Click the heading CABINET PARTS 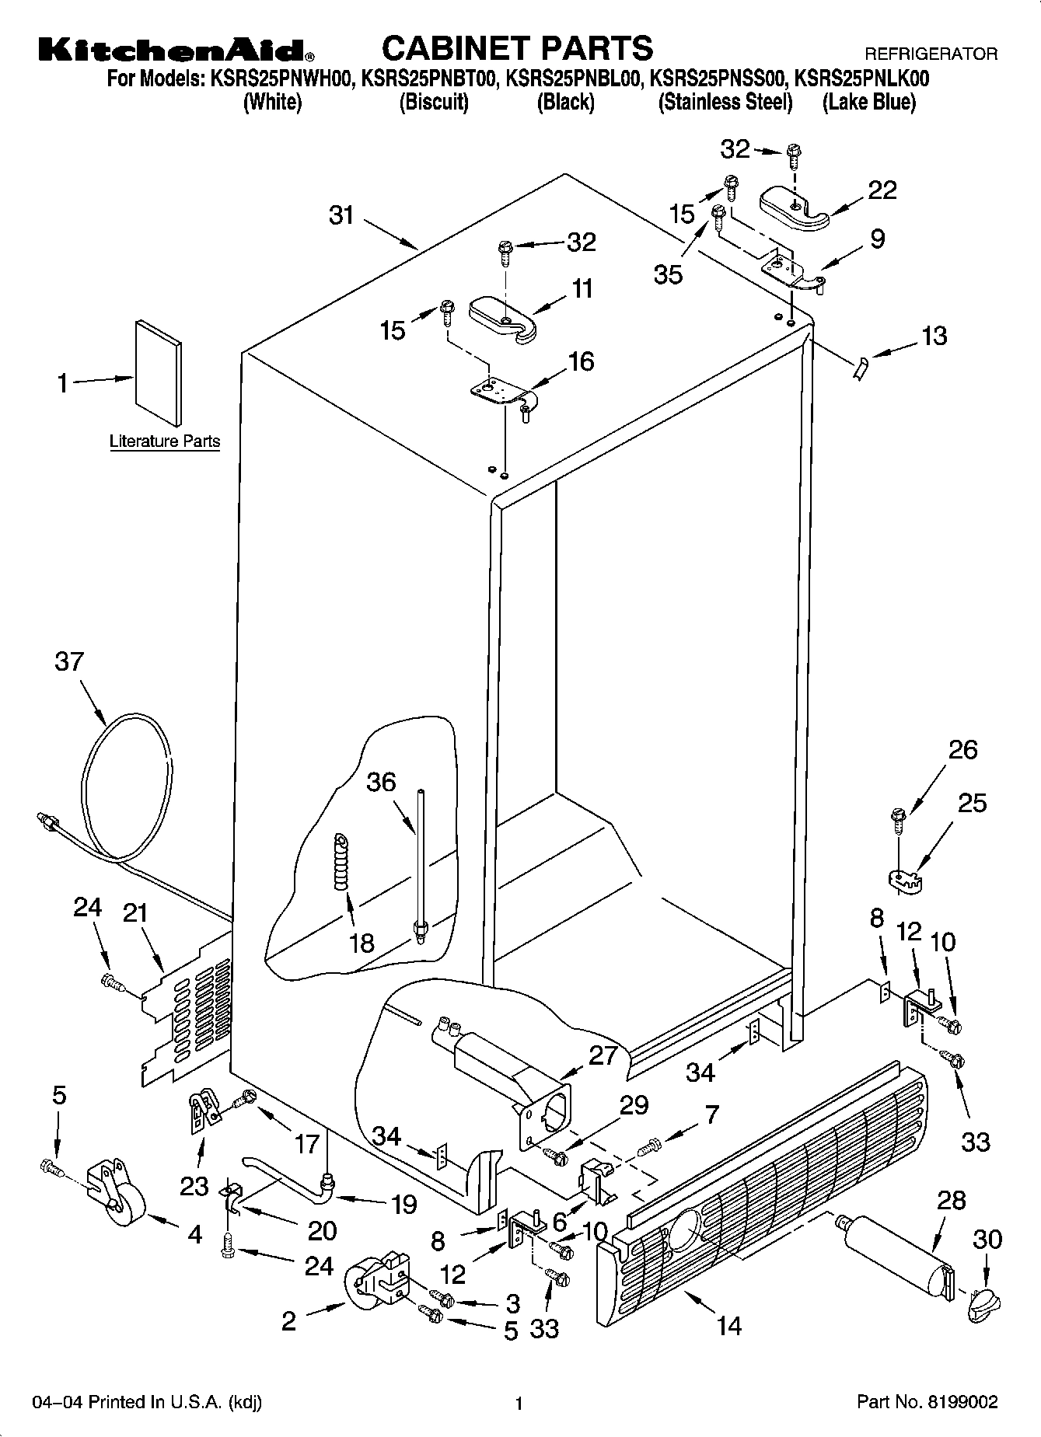(517, 48)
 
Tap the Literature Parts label (165, 441)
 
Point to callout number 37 (69, 662)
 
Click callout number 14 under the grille (729, 1324)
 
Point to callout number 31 (341, 215)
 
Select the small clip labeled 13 (860, 369)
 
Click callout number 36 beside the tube (381, 782)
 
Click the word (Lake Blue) (868, 103)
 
